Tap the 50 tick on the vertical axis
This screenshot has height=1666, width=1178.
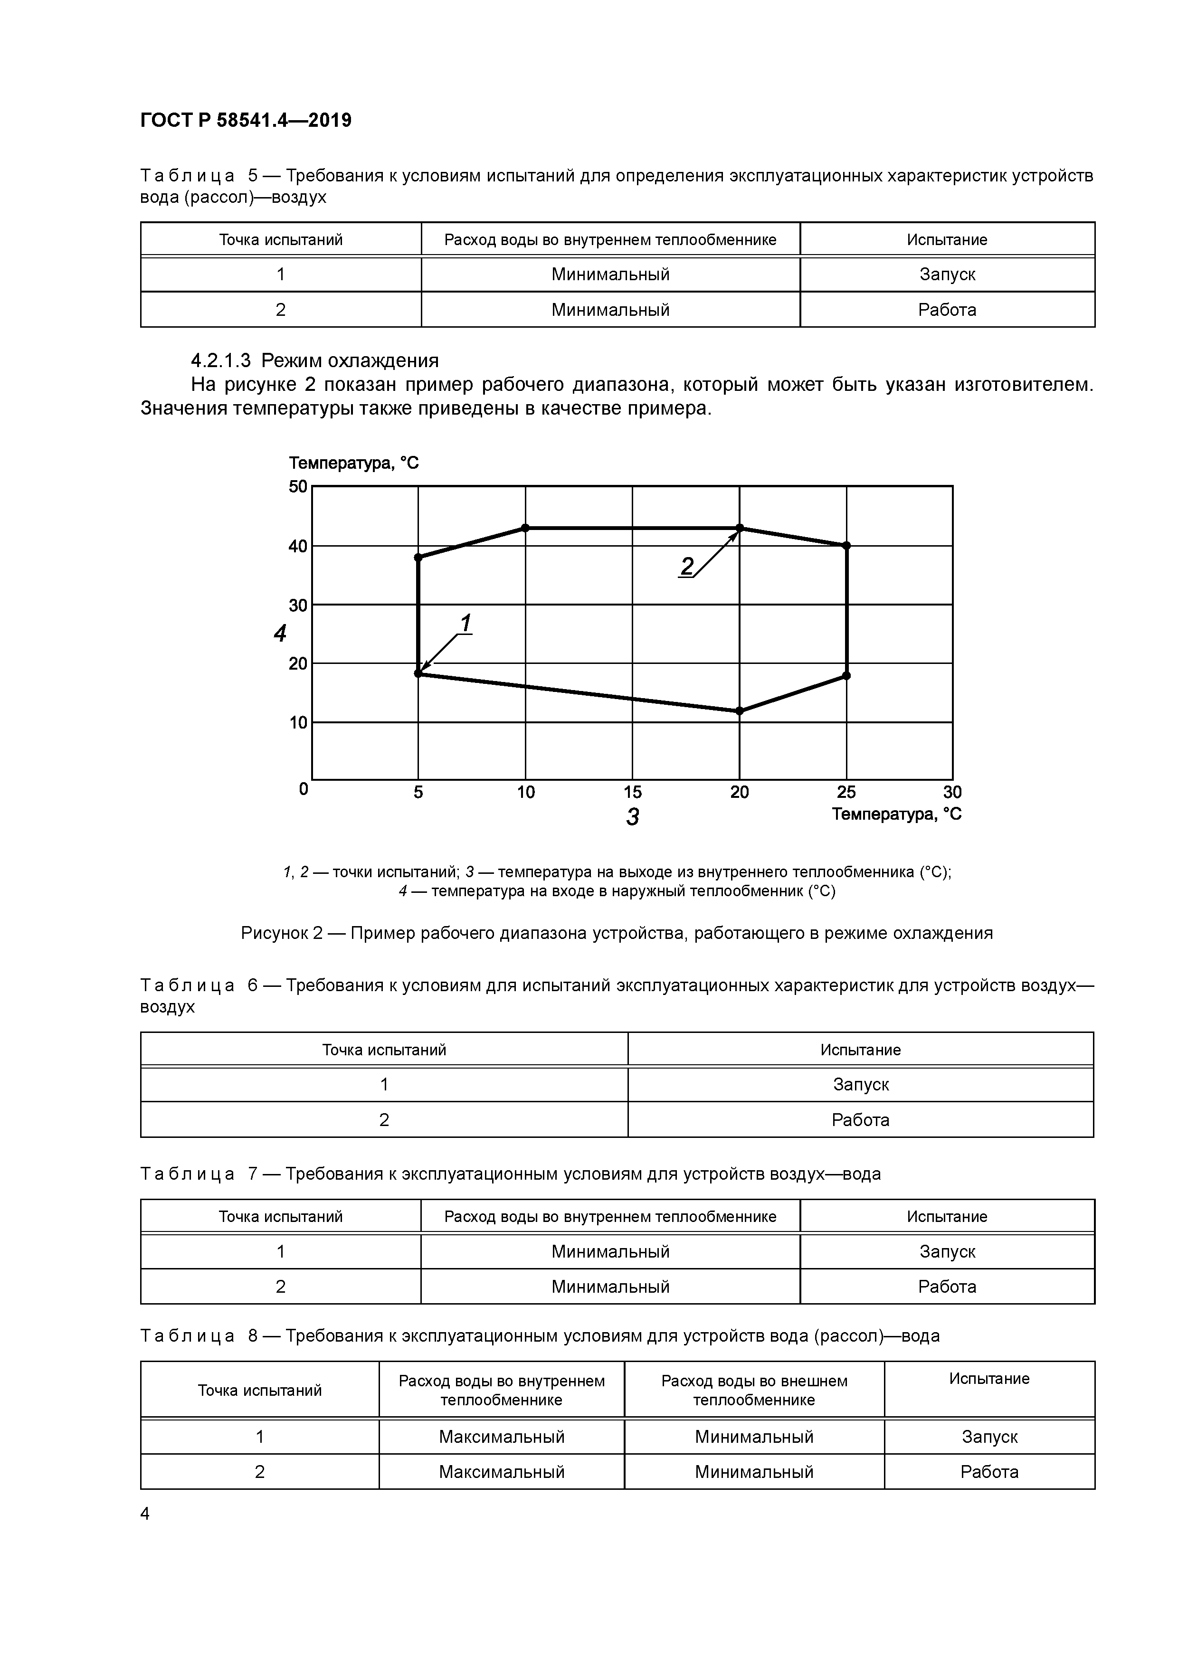coord(298,486)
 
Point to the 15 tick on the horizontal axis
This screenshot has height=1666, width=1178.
coord(632,792)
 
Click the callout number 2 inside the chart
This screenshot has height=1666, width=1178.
coord(687,566)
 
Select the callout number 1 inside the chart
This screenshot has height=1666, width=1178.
coord(465,623)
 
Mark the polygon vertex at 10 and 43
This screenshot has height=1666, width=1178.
coord(525,528)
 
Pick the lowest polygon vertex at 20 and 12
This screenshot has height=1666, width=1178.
coord(740,711)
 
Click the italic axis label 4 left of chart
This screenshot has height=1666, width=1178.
coord(280,634)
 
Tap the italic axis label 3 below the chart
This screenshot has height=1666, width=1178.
coord(632,817)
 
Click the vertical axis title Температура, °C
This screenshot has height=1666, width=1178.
coord(353,463)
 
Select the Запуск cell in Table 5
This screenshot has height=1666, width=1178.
coord(947,275)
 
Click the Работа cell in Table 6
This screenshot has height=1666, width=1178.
coord(860,1120)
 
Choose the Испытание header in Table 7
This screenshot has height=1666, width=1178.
coord(947,1217)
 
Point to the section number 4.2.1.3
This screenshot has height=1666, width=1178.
coord(221,360)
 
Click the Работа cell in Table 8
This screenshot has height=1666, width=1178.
coord(989,1472)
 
